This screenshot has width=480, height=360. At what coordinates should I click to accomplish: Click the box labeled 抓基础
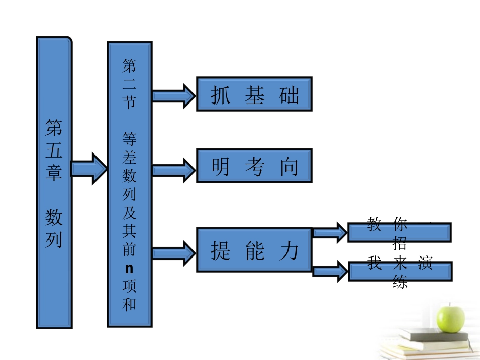[254, 94]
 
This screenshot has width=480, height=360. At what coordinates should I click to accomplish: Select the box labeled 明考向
[254, 165]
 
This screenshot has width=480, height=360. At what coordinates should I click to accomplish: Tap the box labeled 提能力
[254, 249]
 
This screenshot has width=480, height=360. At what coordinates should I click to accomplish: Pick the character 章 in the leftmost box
[54, 173]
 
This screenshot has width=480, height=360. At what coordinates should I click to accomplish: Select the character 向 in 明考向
[290, 167]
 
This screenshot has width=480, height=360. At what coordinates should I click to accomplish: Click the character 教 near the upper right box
[374, 224]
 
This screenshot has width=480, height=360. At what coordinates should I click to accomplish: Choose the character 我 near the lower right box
[374, 263]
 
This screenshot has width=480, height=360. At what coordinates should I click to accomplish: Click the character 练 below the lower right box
[400, 283]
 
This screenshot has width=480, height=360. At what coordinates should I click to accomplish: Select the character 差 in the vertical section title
[129, 158]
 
